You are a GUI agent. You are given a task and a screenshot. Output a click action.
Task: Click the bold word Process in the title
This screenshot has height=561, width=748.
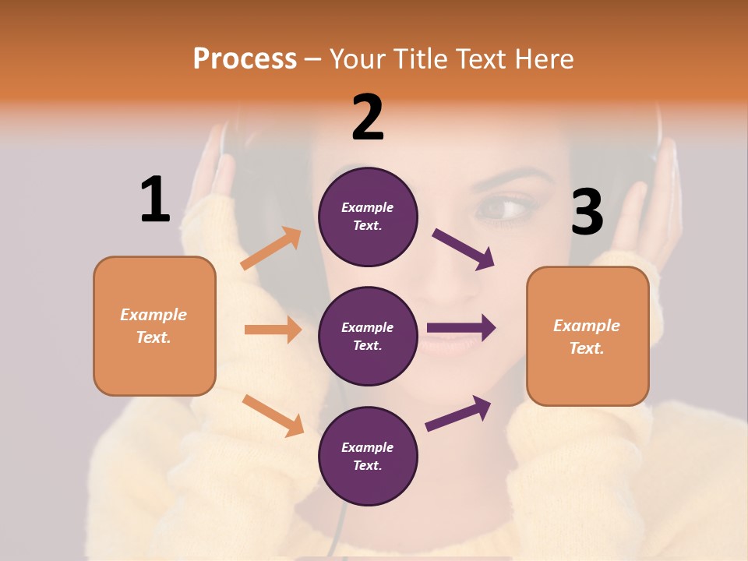pyautogui.click(x=245, y=59)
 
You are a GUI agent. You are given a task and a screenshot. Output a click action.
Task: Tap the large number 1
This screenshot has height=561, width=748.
pyautogui.click(x=155, y=199)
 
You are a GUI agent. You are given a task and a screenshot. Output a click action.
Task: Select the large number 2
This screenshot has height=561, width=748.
pyautogui.click(x=368, y=118)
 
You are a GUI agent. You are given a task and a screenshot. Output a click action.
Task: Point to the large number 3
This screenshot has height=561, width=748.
pyautogui.click(x=587, y=212)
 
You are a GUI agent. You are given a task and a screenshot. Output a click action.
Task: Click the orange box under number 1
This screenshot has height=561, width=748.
pyautogui.click(x=154, y=326)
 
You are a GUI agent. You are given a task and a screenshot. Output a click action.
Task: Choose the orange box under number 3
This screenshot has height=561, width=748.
pyautogui.click(x=587, y=336)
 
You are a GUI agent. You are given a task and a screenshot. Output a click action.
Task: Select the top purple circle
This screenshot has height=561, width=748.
pyautogui.click(x=368, y=217)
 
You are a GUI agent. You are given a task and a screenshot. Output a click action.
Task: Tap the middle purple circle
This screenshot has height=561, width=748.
pyautogui.click(x=368, y=336)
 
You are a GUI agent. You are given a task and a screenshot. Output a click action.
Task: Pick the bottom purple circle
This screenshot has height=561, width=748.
pyautogui.click(x=368, y=456)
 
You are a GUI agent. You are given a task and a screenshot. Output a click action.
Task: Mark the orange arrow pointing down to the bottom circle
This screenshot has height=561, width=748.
pyautogui.click(x=273, y=415)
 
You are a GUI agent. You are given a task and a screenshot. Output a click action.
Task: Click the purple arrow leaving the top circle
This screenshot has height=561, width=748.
pyautogui.click(x=464, y=249)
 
